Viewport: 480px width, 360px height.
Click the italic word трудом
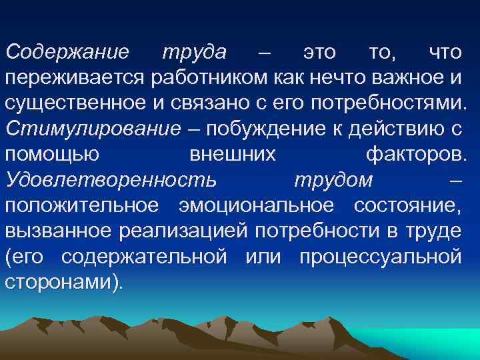coord(333,181)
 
